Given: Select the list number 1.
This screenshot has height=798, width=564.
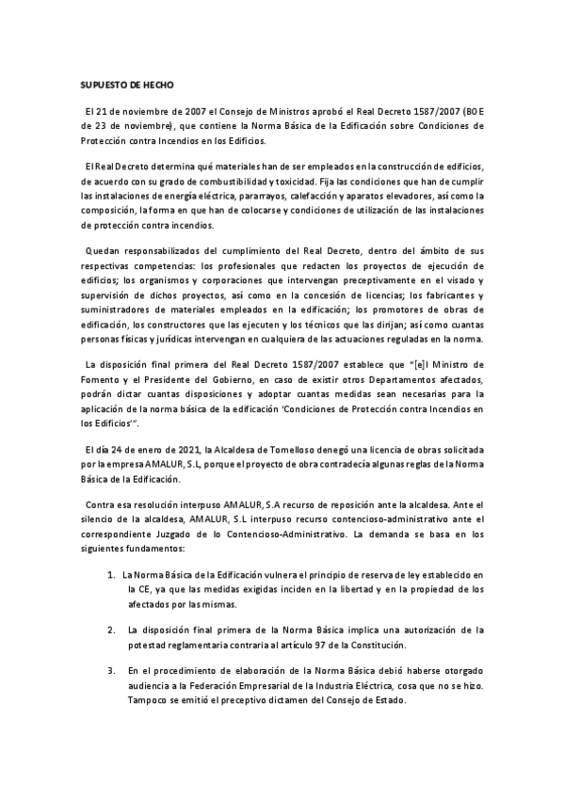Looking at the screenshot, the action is pyautogui.click(x=112, y=574).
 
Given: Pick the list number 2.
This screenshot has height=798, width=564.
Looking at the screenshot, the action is pyautogui.click(x=112, y=629).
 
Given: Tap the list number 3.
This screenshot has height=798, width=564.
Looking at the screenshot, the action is pyautogui.click(x=112, y=669).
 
